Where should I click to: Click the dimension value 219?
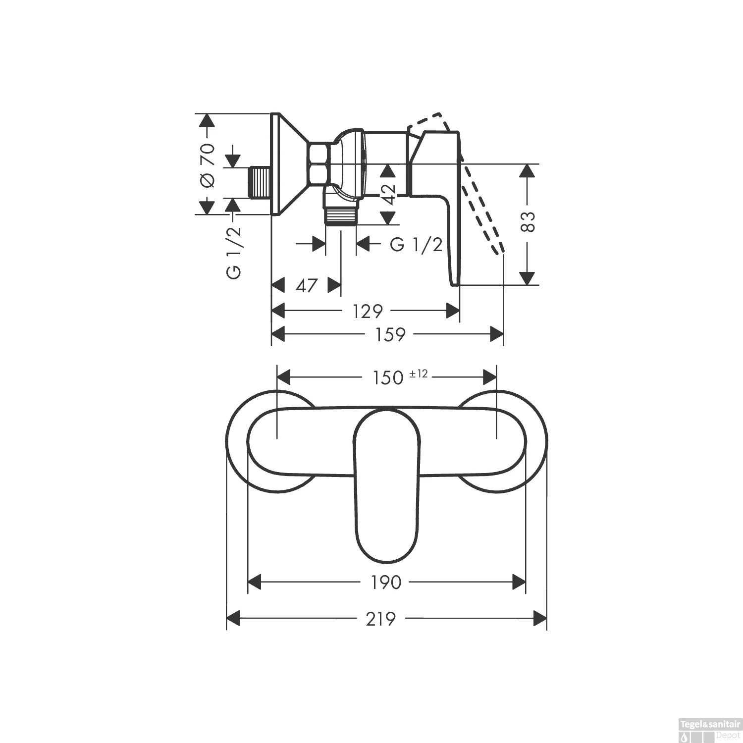click(381, 619)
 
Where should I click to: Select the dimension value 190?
click(386, 583)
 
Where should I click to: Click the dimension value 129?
click(368, 312)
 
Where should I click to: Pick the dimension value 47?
click(306, 286)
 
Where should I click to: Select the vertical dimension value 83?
click(529, 221)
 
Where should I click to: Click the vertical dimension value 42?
click(389, 194)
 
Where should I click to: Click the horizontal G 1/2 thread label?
click(416, 244)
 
